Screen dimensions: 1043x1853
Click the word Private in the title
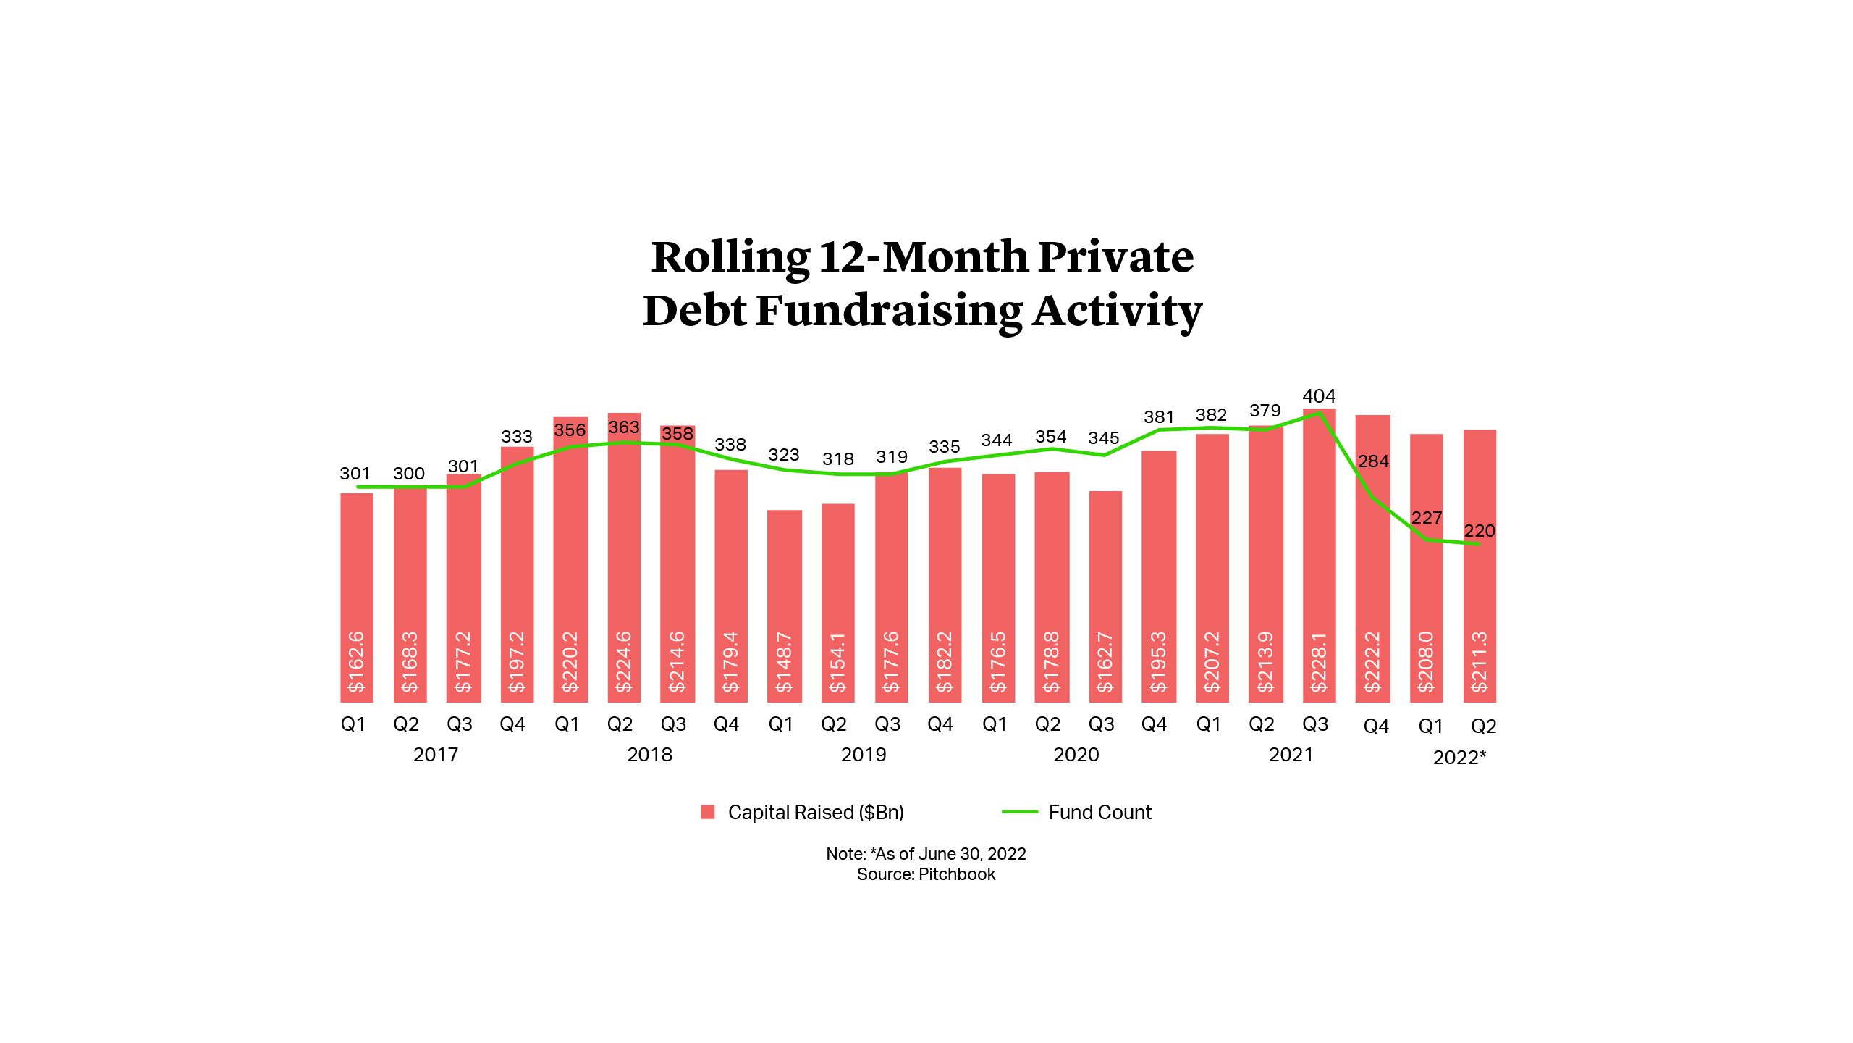[1115, 257]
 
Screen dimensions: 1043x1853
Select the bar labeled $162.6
[357, 598]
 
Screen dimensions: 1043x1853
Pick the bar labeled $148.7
[784, 606]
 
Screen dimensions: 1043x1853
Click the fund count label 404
[1319, 396]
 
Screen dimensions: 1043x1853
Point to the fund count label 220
[1479, 531]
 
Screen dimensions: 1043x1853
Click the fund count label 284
[1373, 461]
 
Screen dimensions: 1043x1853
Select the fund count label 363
[623, 427]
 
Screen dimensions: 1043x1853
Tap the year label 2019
[863, 755]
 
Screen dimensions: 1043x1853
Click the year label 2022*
[1459, 758]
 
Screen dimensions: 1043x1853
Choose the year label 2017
[435, 755]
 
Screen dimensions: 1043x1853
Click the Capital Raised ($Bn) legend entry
[815, 813]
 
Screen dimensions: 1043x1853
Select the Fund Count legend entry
[1099, 813]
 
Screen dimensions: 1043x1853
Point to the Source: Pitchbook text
[926, 874]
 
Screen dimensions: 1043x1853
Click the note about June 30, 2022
[926, 854]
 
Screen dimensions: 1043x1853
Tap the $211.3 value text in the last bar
[1480, 661]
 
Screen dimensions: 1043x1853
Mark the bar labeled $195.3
[1158, 577]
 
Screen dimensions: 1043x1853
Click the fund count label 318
[837, 459]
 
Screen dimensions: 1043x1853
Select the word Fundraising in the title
[889, 311]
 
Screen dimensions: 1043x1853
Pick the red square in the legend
[707, 813]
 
